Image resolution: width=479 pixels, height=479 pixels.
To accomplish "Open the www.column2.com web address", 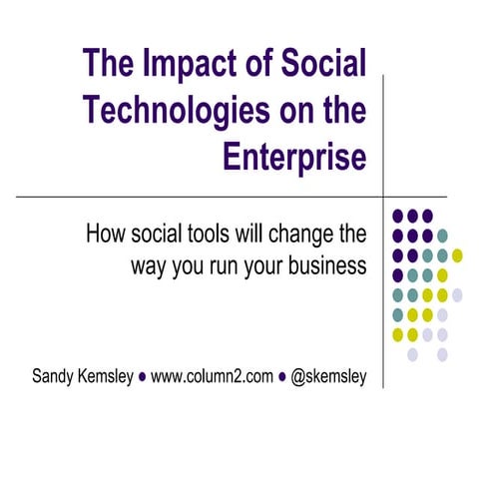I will [212, 379].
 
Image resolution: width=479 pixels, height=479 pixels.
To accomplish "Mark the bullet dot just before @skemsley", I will [282, 379].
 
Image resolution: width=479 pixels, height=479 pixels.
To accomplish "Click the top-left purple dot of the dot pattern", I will [398, 215].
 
